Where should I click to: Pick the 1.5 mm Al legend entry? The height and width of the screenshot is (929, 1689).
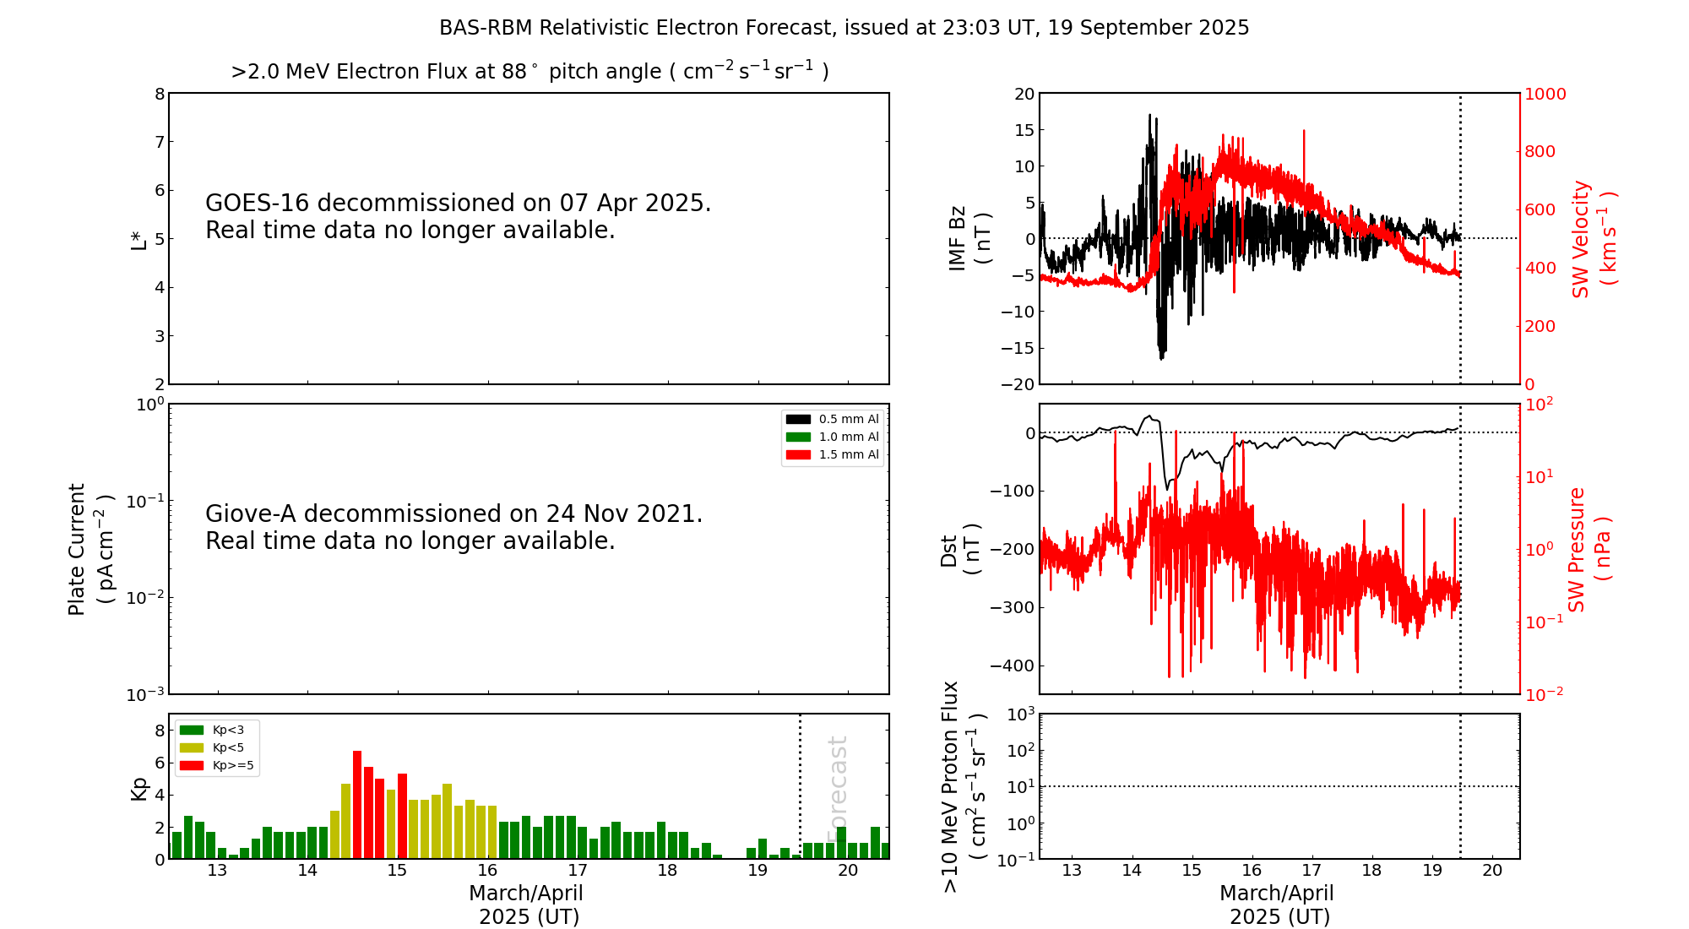point(832,455)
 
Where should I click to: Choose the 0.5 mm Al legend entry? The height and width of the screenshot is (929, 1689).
point(832,420)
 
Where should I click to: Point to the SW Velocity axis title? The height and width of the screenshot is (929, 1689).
point(1593,238)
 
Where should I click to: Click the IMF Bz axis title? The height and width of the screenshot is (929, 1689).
point(969,238)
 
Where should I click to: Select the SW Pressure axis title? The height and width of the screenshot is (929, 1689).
point(1589,549)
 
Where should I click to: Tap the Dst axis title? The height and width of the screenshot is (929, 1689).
point(960,550)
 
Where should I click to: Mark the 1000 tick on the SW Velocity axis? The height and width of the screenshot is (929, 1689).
point(1545,94)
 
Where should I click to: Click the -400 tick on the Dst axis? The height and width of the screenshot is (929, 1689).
point(1012,666)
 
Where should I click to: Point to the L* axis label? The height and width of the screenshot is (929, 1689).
point(138,240)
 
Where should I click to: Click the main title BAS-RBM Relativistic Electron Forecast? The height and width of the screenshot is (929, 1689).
point(844,28)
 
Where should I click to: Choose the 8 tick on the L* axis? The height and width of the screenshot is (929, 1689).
point(160,94)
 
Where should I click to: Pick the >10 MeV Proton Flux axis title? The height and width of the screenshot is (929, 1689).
point(964,786)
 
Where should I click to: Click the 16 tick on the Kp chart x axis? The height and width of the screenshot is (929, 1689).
point(487,871)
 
